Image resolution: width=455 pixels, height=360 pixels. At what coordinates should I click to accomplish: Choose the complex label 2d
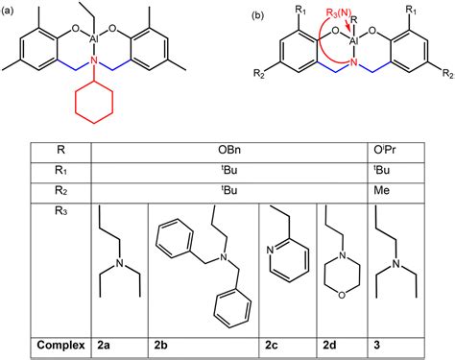tap(325, 343)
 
